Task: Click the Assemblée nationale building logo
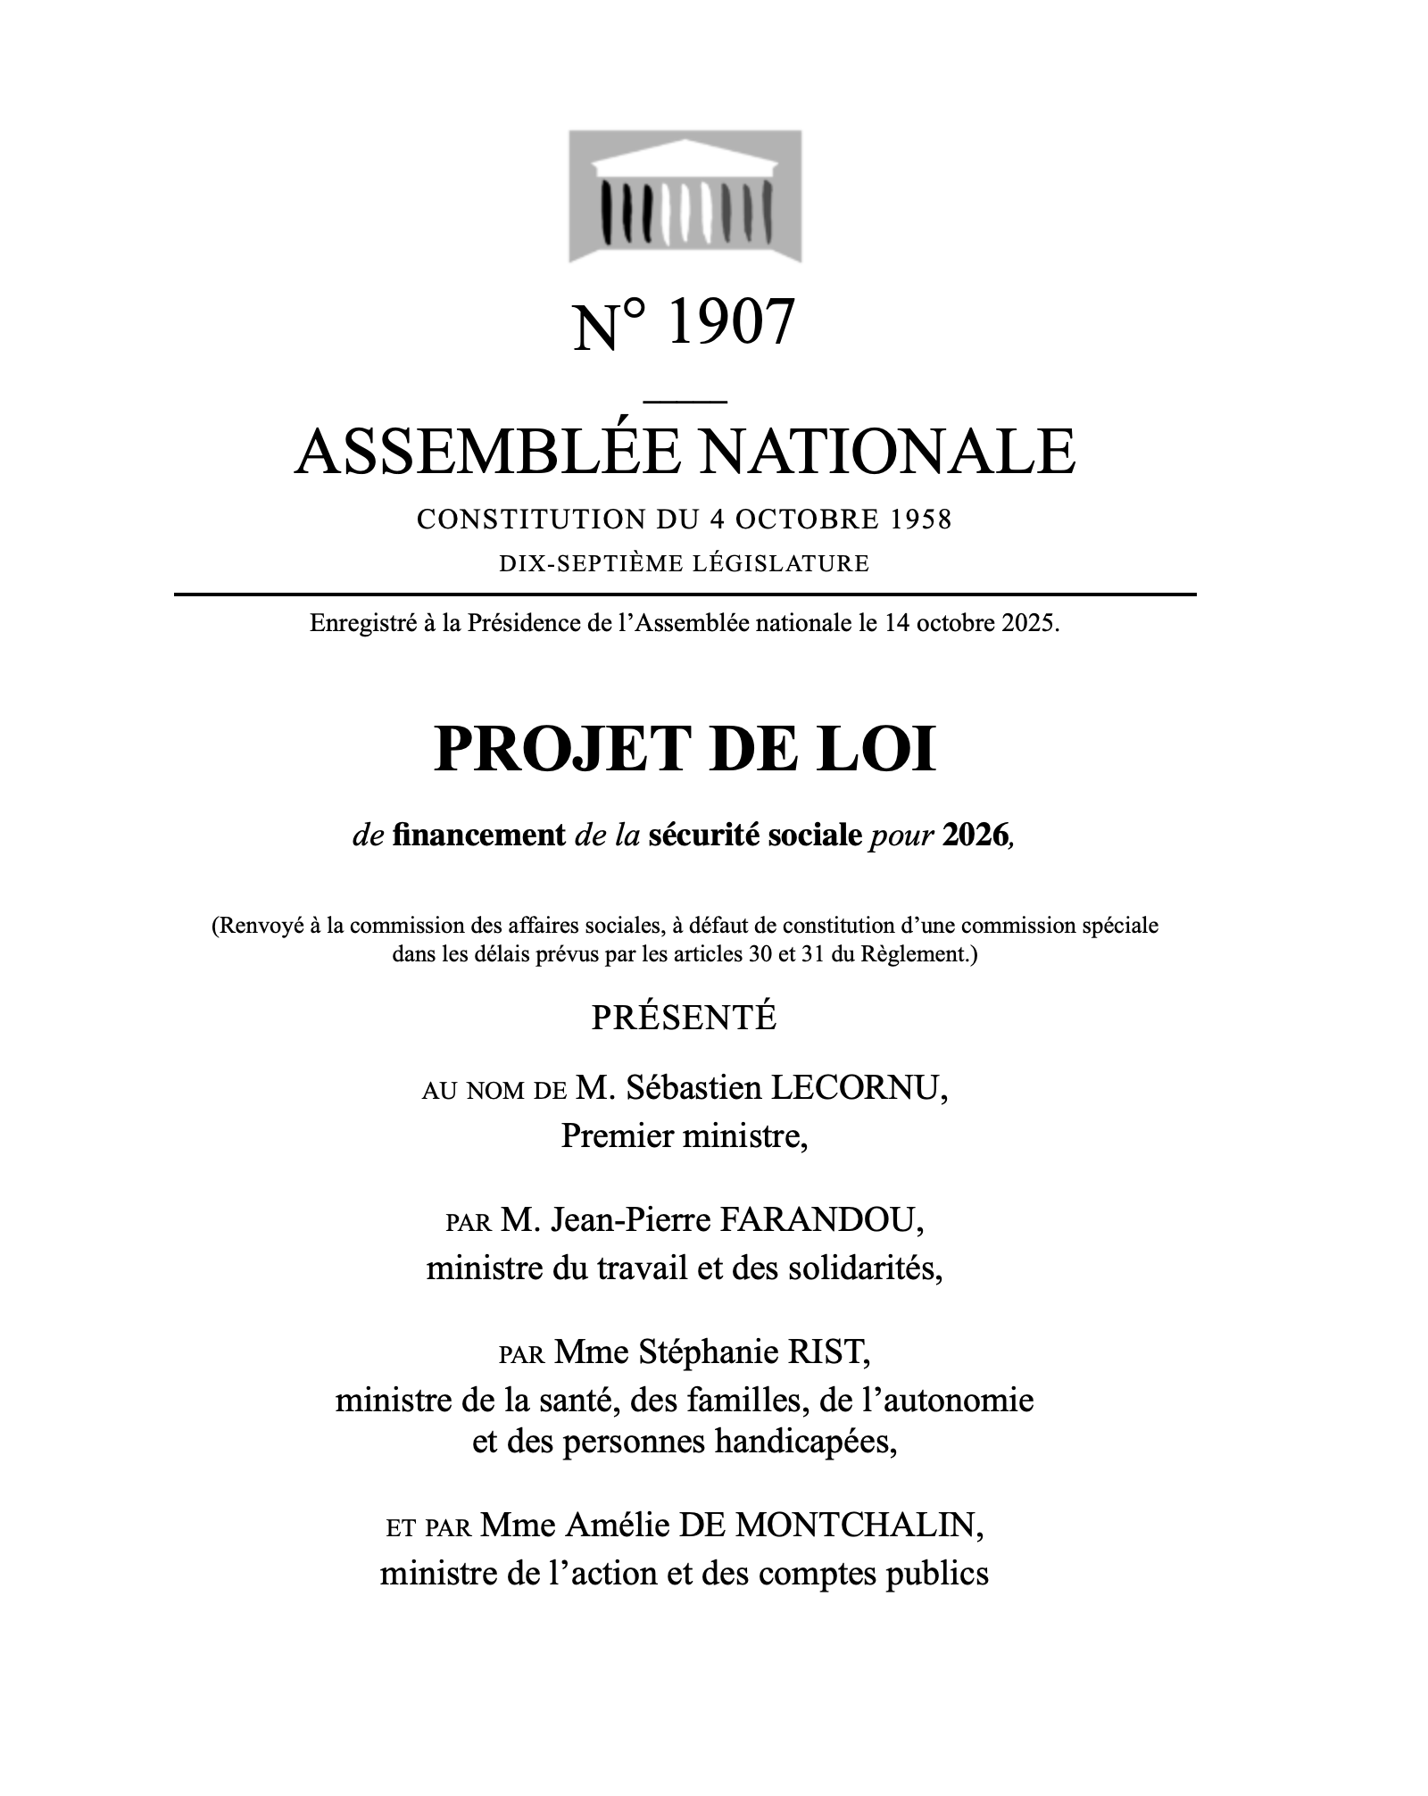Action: click(x=685, y=196)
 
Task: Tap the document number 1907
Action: click(x=729, y=322)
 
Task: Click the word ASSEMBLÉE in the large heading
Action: click(x=486, y=451)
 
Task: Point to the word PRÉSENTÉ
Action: click(x=684, y=1019)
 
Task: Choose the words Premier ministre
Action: click(x=684, y=1136)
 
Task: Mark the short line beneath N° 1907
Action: click(x=685, y=402)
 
